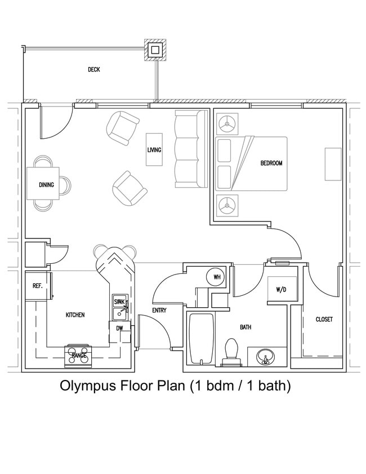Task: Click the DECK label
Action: [94, 70]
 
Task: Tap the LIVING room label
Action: [154, 150]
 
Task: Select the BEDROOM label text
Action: [271, 163]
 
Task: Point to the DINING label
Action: [46, 185]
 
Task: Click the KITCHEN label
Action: [75, 315]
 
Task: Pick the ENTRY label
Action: [159, 311]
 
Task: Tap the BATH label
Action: [246, 327]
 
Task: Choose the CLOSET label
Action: [324, 320]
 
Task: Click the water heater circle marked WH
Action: [217, 277]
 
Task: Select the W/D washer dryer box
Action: [280, 290]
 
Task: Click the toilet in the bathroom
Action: [231, 351]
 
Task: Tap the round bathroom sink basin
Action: [265, 357]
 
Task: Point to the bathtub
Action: [201, 338]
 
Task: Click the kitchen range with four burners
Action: [78, 355]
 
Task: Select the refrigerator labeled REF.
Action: [38, 286]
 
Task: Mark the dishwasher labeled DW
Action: [119, 329]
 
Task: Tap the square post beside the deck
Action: [155, 50]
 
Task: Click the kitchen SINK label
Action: [119, 302]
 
